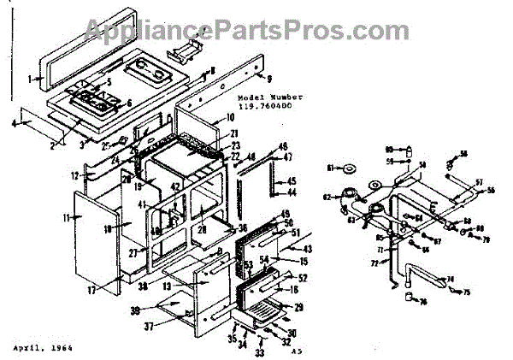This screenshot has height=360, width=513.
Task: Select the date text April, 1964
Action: (43, 350)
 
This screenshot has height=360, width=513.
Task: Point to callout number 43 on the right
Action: (307, 248)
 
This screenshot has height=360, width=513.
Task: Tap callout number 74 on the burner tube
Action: (451, 280)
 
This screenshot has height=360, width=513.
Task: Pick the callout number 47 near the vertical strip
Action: (288, 158)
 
